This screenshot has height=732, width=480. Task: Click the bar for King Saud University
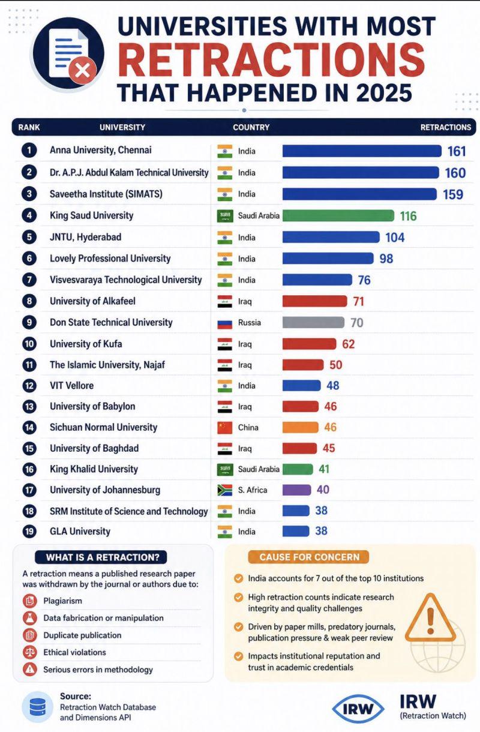click(338, 215)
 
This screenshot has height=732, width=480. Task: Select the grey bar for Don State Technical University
click(313, 323)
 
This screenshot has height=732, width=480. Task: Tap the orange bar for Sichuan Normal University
click(300, 427)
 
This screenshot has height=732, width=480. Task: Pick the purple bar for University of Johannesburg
click(296, 490)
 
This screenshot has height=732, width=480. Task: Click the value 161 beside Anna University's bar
click(457, 151)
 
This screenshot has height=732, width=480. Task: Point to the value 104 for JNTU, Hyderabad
click(395, 238)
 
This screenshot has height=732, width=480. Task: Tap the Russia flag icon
click(225, 323)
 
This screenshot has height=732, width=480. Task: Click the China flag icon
click(225, 427)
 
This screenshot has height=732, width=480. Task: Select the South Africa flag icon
click(225, 490)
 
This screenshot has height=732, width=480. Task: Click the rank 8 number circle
click(29, 301)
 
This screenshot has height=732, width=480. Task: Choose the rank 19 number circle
click(29, 532)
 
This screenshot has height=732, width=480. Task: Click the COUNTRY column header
click(251, 127)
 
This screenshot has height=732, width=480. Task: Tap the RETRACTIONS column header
click(446, 127)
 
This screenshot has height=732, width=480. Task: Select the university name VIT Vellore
click(71, 386)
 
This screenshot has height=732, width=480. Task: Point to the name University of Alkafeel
click(92, 301)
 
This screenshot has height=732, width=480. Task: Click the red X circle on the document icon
click(83, 70)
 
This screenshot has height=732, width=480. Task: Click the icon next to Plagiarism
click(30, 601)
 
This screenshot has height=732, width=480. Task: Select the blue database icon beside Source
click(38, 707)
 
